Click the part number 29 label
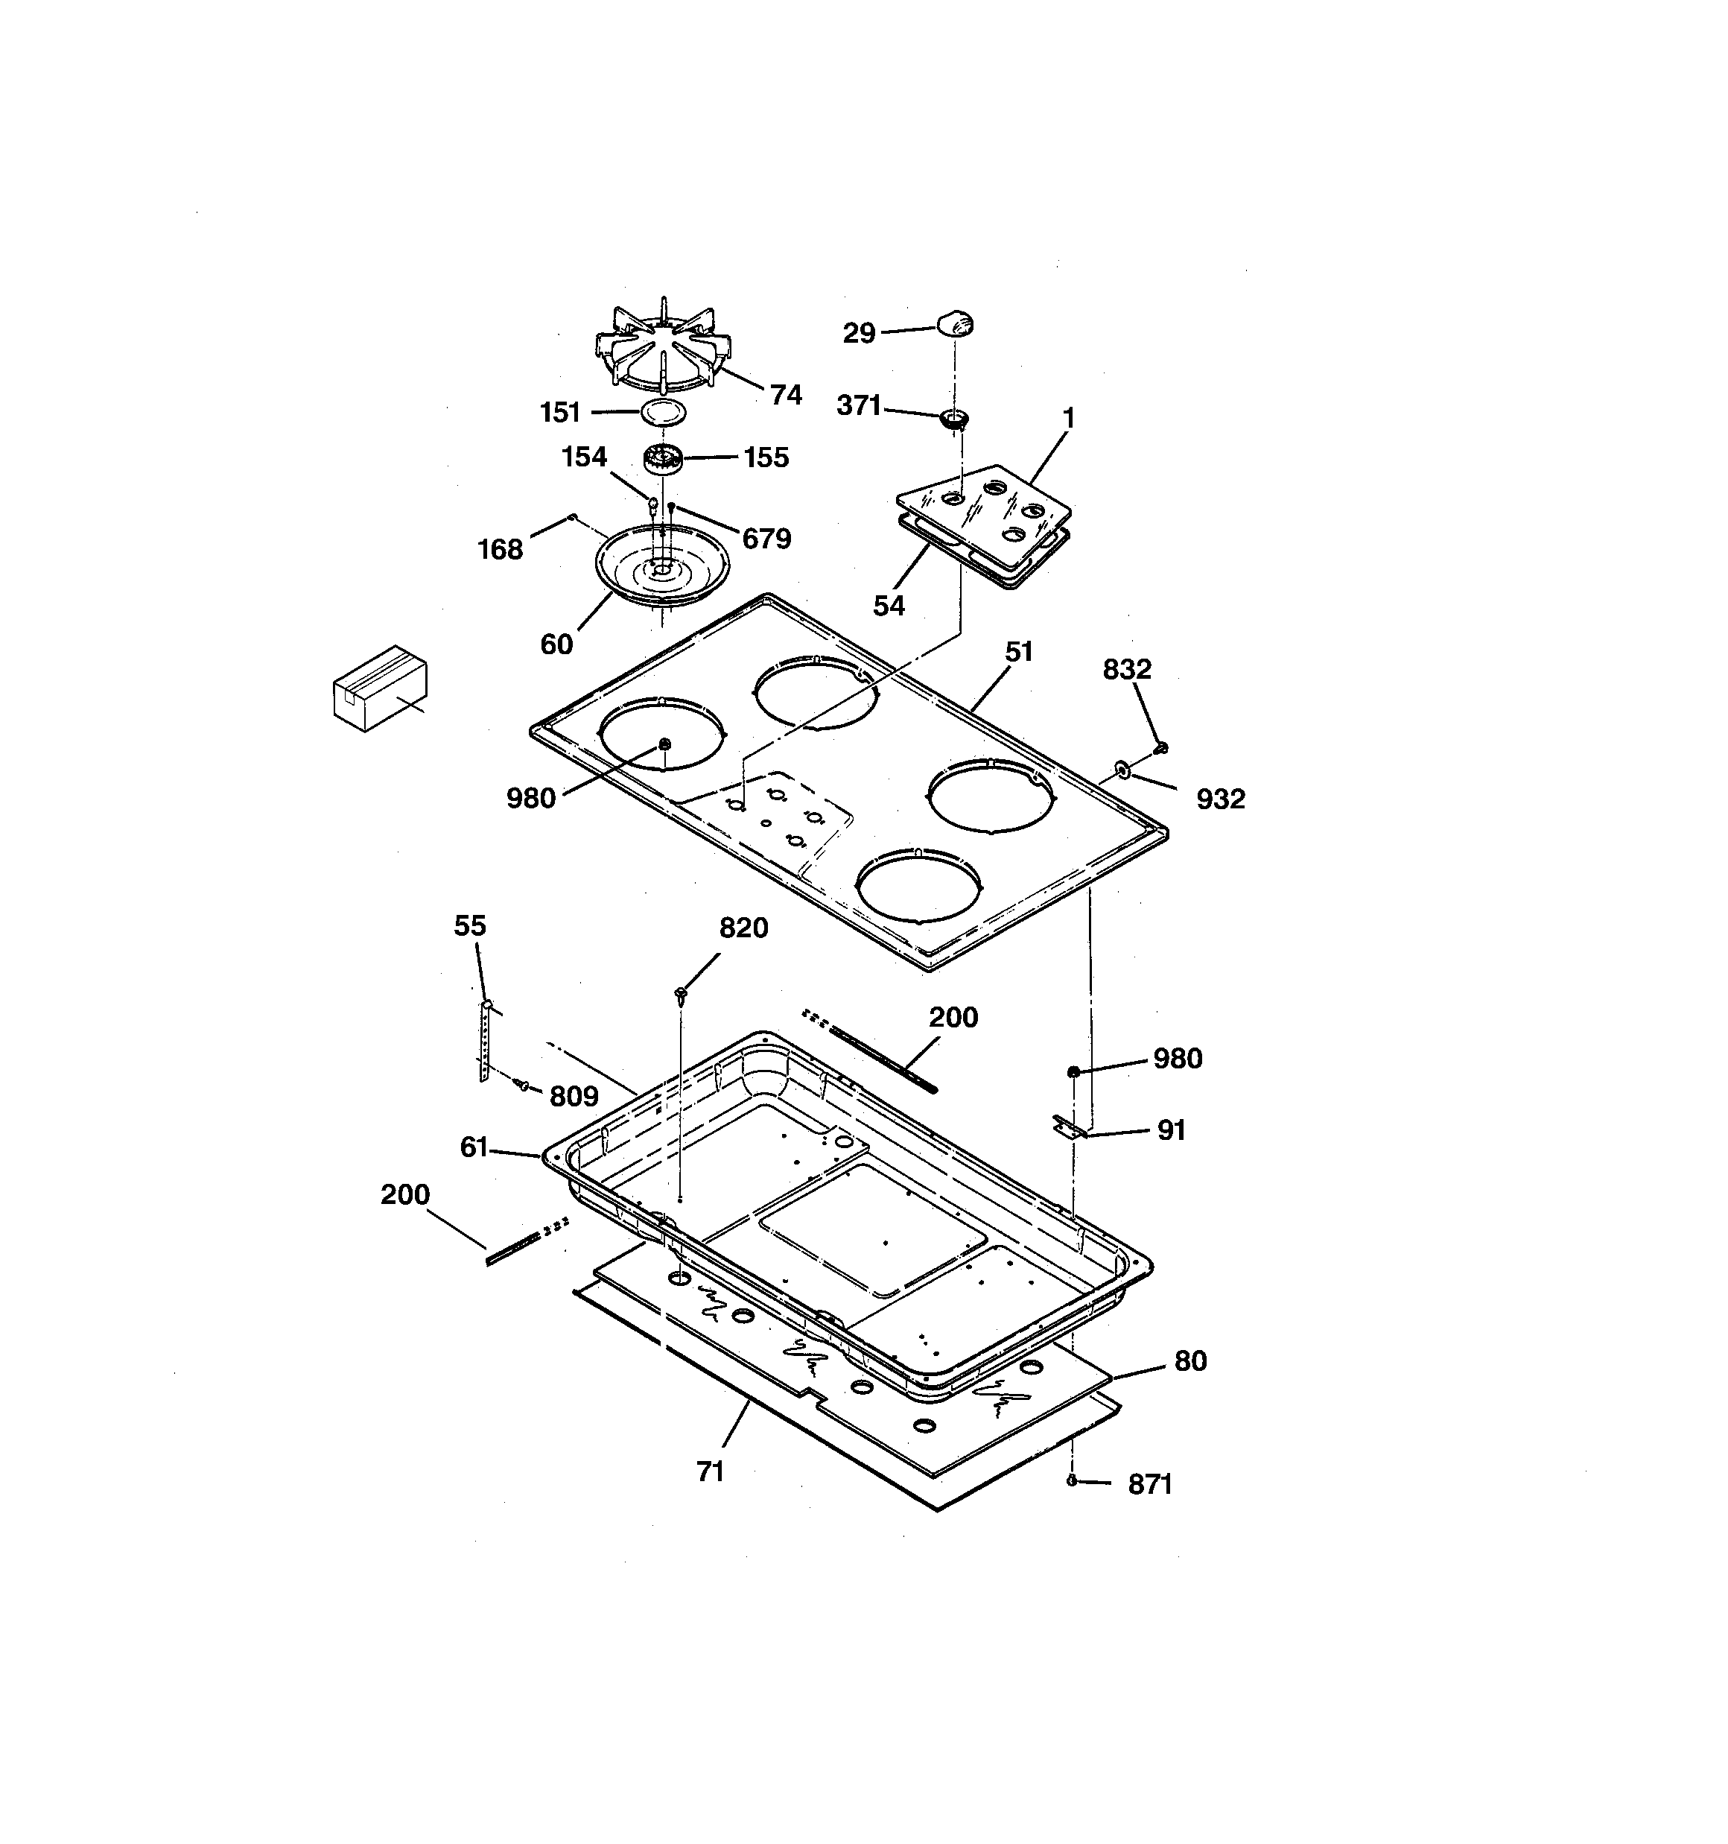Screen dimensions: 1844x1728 pos(858,333)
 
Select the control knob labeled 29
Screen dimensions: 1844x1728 pos(956,323)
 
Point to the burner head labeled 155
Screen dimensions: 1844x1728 pos(662,458)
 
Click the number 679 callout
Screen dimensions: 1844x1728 pos(766,538)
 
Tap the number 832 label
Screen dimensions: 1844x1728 pos(1126,669)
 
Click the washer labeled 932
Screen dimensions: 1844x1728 pos(1123,768)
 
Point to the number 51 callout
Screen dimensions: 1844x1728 pos(1018,652)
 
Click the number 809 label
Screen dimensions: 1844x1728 pos(574,1097)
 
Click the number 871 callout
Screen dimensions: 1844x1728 pos(1149,1485)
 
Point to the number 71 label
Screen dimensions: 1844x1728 pos(710,1472)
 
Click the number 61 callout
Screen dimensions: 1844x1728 pos(473,1147)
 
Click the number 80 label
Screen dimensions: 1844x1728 pos(1190,1360)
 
